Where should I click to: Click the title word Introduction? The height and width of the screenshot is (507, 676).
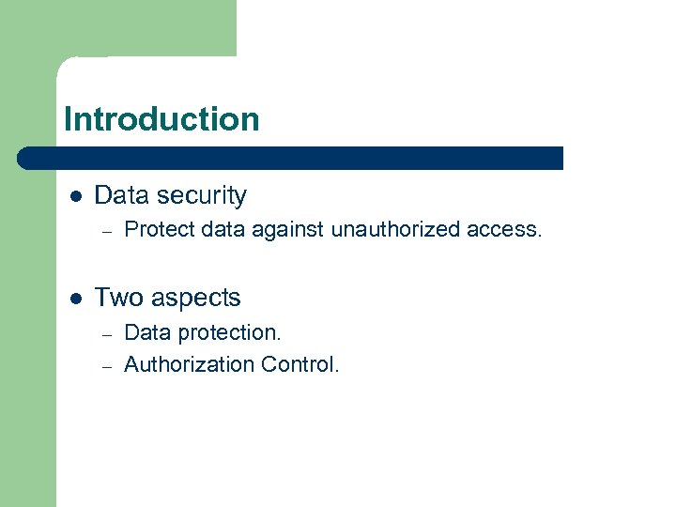[x=161, y=119]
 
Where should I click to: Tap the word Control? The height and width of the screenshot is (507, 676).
[x=300, y=364]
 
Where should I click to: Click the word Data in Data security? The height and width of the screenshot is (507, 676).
[x=121, y=195]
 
